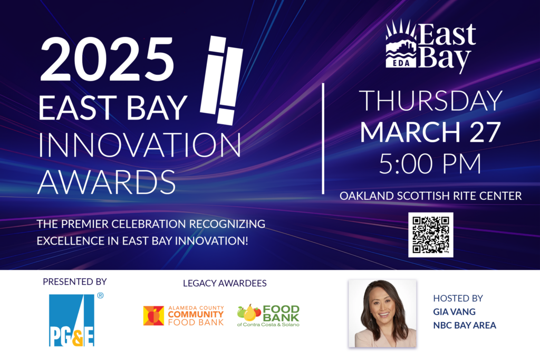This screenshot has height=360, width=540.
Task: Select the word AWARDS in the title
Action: click(x=107, y=181)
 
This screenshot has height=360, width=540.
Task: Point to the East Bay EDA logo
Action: click(x=430, y=46)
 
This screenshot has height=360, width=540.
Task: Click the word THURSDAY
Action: click(x=430, y=101)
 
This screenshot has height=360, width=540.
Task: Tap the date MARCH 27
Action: click(x=430, y=132)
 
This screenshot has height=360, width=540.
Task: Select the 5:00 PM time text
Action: click(x=430, y=164)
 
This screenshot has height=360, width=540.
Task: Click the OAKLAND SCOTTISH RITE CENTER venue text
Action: click(x=430, y=196)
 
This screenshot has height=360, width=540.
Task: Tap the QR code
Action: click(x=430, y=235)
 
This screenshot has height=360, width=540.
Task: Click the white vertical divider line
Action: click(x=323, y=138)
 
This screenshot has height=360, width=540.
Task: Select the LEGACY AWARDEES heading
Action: click(x=225, y=283)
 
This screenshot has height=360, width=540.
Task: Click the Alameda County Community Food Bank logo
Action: click(x=184, y=315)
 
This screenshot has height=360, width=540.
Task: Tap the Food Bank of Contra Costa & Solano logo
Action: click(x=268, y=315)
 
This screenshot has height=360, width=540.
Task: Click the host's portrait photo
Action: click(x=382, y=313)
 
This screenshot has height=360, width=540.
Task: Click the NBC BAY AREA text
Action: click(x=464, y=325)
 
